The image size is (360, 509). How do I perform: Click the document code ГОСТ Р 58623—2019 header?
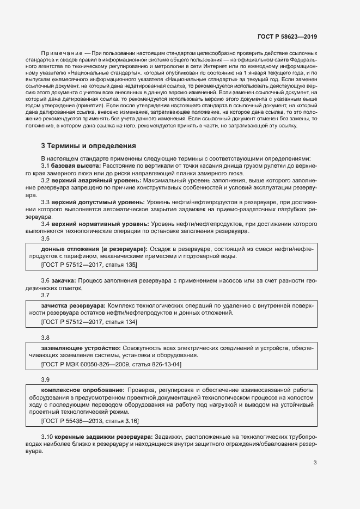286,36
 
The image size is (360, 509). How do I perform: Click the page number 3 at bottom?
315,463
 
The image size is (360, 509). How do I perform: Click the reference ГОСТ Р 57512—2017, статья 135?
89,265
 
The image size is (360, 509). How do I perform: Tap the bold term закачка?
64,280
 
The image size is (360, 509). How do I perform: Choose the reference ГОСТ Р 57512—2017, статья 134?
89,322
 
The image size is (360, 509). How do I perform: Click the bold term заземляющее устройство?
81,347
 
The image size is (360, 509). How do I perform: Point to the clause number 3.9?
46,379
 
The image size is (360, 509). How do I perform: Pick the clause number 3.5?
46,238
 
